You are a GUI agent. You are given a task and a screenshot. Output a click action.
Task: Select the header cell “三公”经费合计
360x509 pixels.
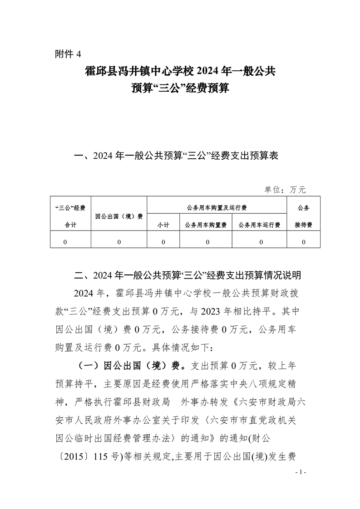(x=70, y=216)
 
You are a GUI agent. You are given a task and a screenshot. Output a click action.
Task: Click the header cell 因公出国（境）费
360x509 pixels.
(x=119, y=216)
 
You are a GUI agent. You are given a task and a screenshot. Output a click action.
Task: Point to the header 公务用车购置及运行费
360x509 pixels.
(x=217, y=207)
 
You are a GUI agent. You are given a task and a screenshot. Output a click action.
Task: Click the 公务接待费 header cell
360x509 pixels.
(x=303, y=216)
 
